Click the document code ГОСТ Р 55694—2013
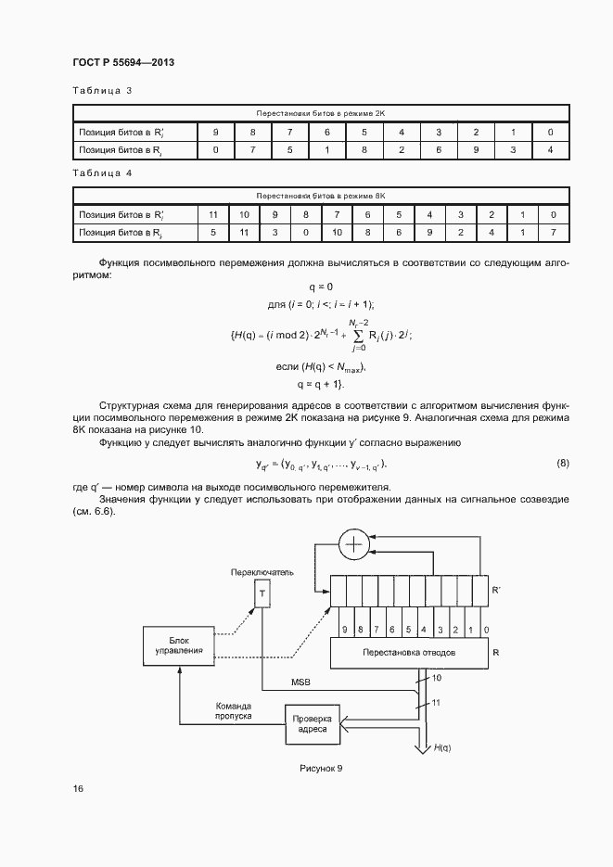click(x=123, y=62)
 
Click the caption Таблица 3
click(x=102, y=90)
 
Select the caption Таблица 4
click(x=102, y=172)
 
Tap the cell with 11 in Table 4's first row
click(x=212, y=214)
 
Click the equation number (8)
click(x=562, y=463)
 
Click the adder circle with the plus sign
click(x=352, y=546)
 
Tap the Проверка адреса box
click(x=312, y=723)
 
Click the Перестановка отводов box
click(x=408, y=652)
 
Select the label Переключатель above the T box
click(x=262, y=572)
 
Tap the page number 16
click(x=78, y=788)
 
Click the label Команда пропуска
click(x=234, y=710)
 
